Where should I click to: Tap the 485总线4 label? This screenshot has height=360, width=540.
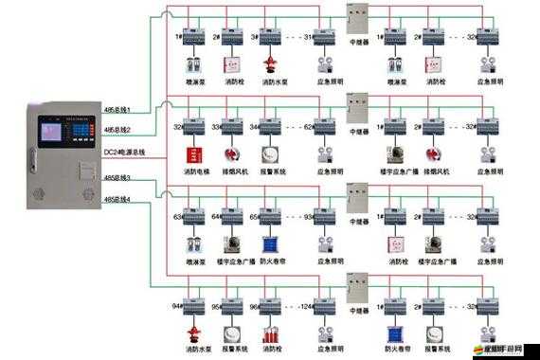pyautogui.click(x=117, y=199)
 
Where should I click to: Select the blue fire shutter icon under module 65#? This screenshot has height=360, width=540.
pyautogui.click(x=270, y=243)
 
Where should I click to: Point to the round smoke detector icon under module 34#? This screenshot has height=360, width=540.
pyautogui.click(x=270, y=153)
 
